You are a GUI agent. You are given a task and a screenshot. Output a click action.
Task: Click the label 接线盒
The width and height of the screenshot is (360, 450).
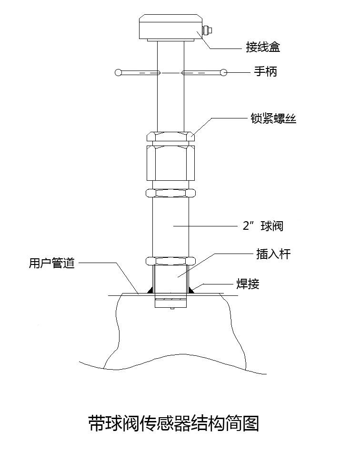coord(262,48)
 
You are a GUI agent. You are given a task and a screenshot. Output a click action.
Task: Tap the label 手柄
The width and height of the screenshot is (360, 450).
coord(265,72)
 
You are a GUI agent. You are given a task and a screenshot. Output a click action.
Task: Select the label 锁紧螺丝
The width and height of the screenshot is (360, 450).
coord(273,118)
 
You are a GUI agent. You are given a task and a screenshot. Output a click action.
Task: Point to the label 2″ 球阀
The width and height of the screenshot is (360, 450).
coord(263,226)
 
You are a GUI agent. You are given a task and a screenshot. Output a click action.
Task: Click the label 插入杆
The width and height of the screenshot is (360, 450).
coord(270,254)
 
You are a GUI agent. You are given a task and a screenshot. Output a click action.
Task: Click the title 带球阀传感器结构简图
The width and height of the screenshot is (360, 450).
coord(174,423)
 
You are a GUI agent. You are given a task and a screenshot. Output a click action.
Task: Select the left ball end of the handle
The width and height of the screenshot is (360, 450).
coord(118,73)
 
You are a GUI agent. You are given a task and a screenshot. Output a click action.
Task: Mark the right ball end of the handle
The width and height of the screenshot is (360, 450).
coord(223,73)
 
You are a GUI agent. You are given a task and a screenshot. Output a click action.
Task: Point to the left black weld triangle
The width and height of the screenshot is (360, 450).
coord(151,289)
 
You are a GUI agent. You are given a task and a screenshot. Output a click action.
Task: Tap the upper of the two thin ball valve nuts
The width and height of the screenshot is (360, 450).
coord(171,193)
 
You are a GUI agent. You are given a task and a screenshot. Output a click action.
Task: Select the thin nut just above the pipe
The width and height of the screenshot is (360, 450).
coord(171,261)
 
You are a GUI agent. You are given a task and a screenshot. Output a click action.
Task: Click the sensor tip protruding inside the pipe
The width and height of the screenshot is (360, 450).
coord(171,303)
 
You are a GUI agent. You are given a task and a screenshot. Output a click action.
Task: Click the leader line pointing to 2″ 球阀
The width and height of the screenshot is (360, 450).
coord(205,226)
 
